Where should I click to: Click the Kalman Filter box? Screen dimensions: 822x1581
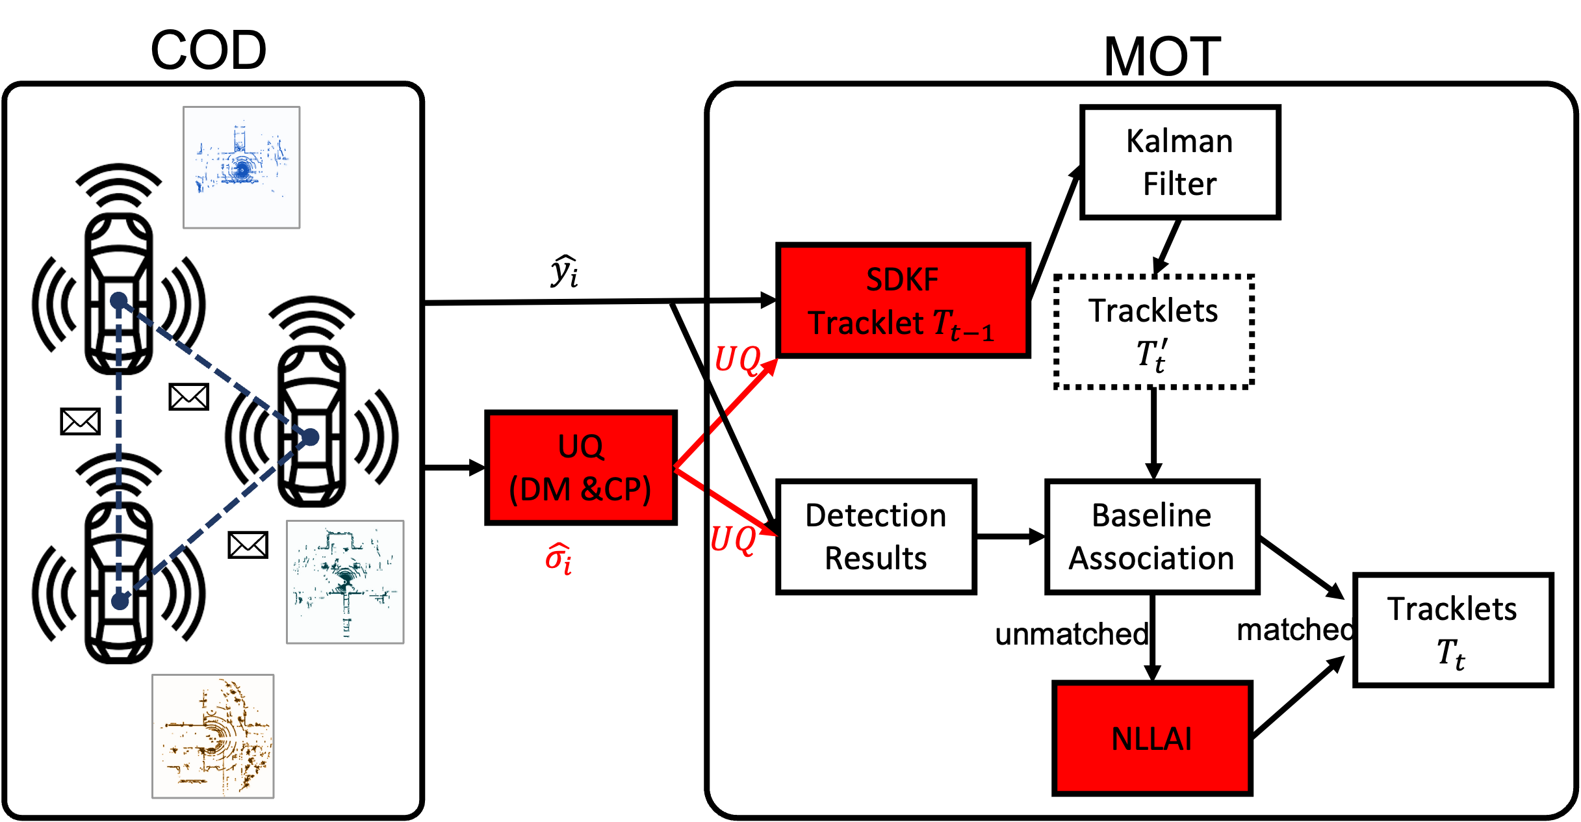(1180, 162)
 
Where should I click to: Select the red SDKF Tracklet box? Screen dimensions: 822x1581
(903, 300)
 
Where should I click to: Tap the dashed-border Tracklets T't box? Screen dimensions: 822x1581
(1154, 332)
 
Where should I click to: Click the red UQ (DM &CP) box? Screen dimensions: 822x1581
(580, 467)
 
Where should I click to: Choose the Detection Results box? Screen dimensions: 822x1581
(875, 537)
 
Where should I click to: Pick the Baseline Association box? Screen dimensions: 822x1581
(1151, 537)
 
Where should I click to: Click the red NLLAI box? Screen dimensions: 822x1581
(1151, 738)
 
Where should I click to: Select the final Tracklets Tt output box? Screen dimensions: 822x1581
(1452, 630)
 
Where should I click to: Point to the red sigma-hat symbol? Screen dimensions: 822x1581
(559, 558)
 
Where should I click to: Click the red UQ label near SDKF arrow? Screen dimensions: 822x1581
(737, 359)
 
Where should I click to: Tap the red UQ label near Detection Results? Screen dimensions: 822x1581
(733, 539)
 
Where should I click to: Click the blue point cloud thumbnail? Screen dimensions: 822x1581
(241, 168)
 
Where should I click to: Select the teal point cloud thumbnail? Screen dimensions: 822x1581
(345, 582)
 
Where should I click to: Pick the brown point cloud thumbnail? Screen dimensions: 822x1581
(213, 736)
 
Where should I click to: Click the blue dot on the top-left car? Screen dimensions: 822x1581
(119, 301)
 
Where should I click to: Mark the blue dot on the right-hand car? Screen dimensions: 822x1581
(311, 437)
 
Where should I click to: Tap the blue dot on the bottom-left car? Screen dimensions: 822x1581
(120, 601)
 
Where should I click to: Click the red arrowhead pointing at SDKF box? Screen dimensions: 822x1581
(771, 366)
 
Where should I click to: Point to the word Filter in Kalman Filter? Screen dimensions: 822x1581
(1179, 184)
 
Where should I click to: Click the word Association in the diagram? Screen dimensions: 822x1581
(1151, 558)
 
